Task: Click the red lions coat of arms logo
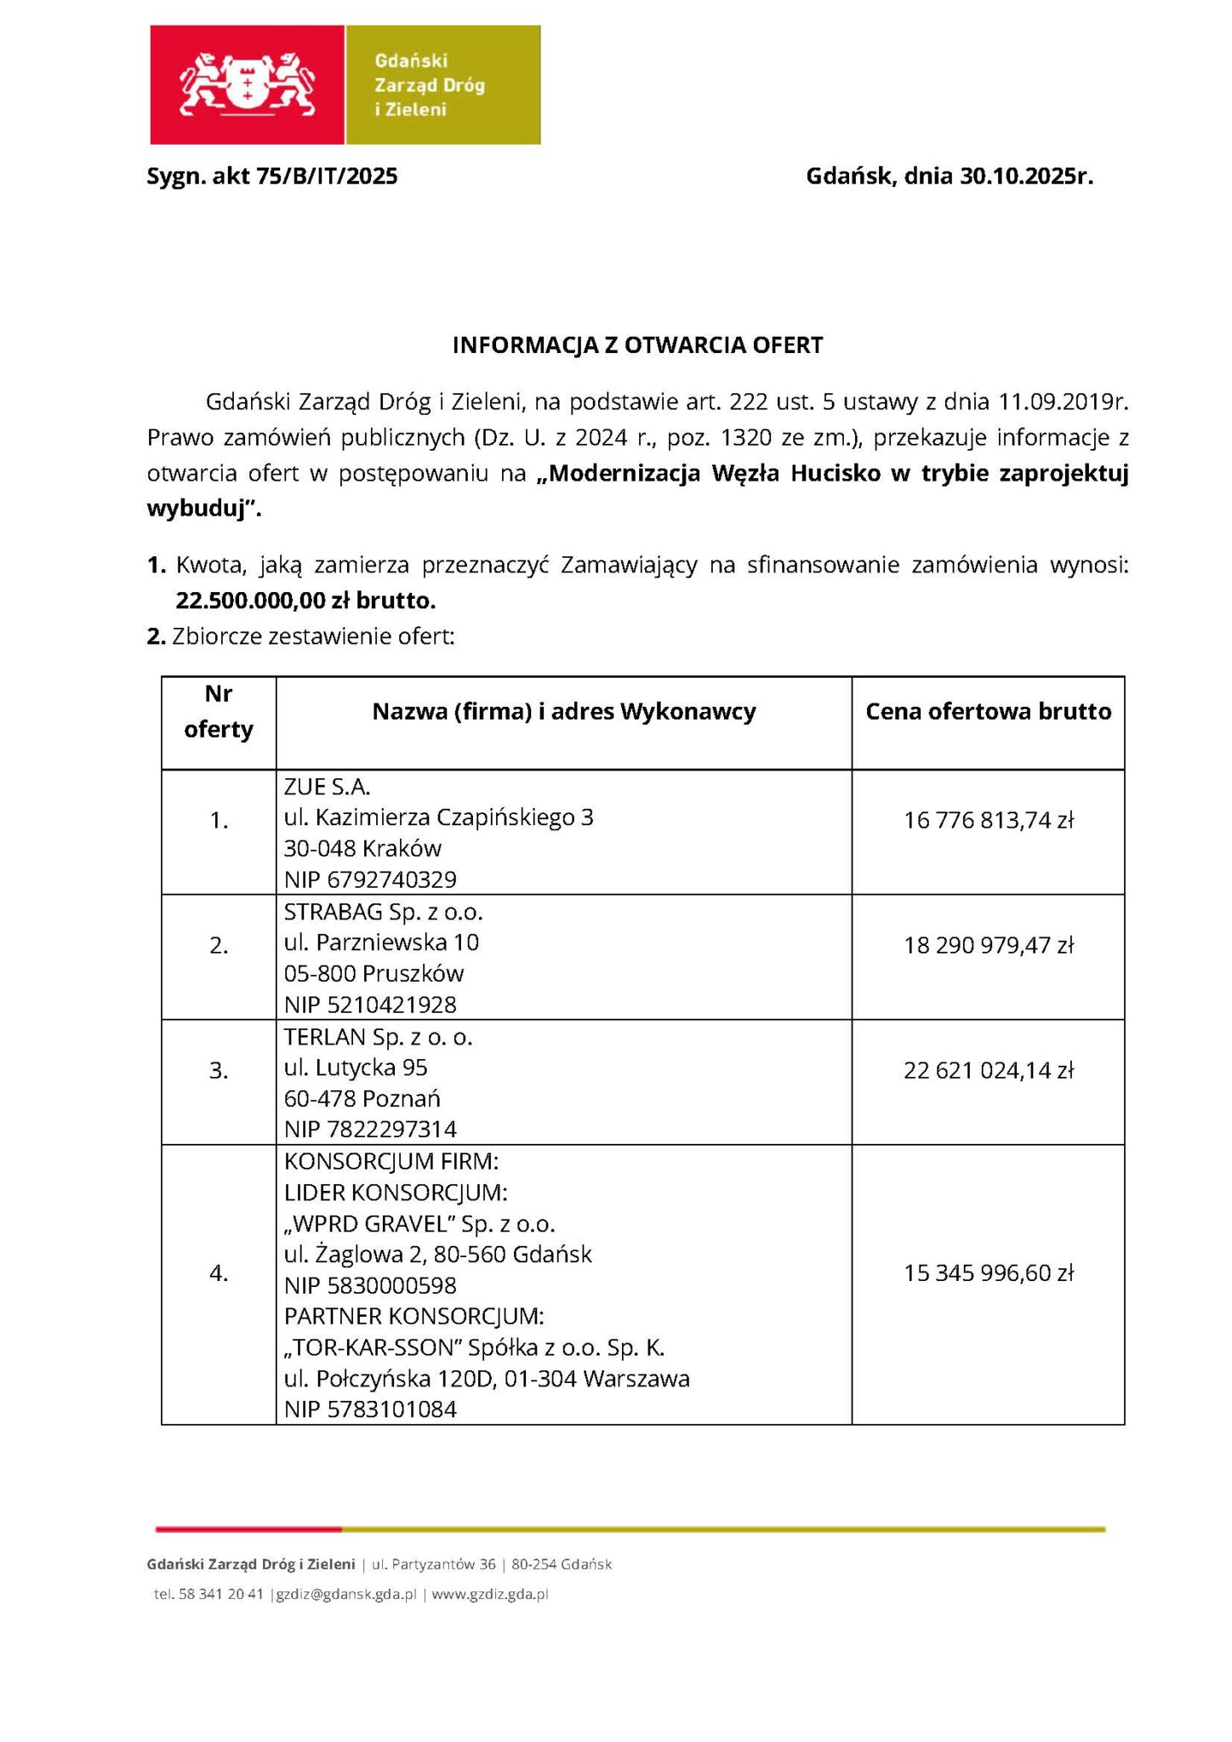[247, 84]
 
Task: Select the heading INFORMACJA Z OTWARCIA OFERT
[637, 345]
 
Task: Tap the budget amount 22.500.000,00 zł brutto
[305, 601]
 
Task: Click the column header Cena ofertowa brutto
[988, 711]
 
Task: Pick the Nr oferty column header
[219, 712]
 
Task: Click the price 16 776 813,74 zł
[989, 820]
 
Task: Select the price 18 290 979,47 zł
[989, 945]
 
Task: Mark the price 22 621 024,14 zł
[989, 1070]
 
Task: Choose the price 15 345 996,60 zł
[989, 1272]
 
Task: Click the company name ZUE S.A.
[328, 786]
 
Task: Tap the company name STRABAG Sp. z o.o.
[383, 912]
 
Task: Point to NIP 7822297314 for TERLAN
[370, 1129]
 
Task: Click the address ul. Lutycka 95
[356, 1067]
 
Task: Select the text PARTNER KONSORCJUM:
[414, 1316]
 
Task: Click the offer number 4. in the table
[219, 1272]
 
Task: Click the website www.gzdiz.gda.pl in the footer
[489, 1594]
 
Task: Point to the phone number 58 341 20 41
[221, 1594]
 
